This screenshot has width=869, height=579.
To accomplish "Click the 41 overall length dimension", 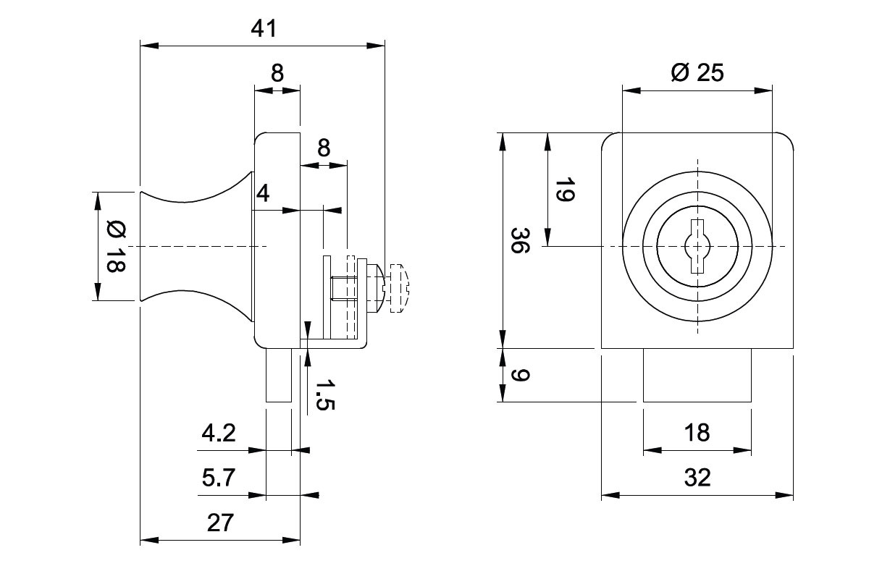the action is pos(264,29).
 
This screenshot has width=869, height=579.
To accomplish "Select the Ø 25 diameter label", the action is pos(697,72).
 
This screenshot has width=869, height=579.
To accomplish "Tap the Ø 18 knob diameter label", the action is pos(116,246).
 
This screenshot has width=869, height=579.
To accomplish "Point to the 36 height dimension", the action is pos(520,240).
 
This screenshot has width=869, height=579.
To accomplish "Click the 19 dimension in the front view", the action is pos(564,190).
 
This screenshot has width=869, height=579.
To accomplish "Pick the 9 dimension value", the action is pos(520,376).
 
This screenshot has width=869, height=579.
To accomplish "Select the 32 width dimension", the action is pos(697,478).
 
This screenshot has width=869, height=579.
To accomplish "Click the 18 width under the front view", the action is pos(697,432).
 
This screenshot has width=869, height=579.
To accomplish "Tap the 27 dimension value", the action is pos(220,523).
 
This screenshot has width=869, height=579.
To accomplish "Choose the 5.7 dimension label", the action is pos(219,478).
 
